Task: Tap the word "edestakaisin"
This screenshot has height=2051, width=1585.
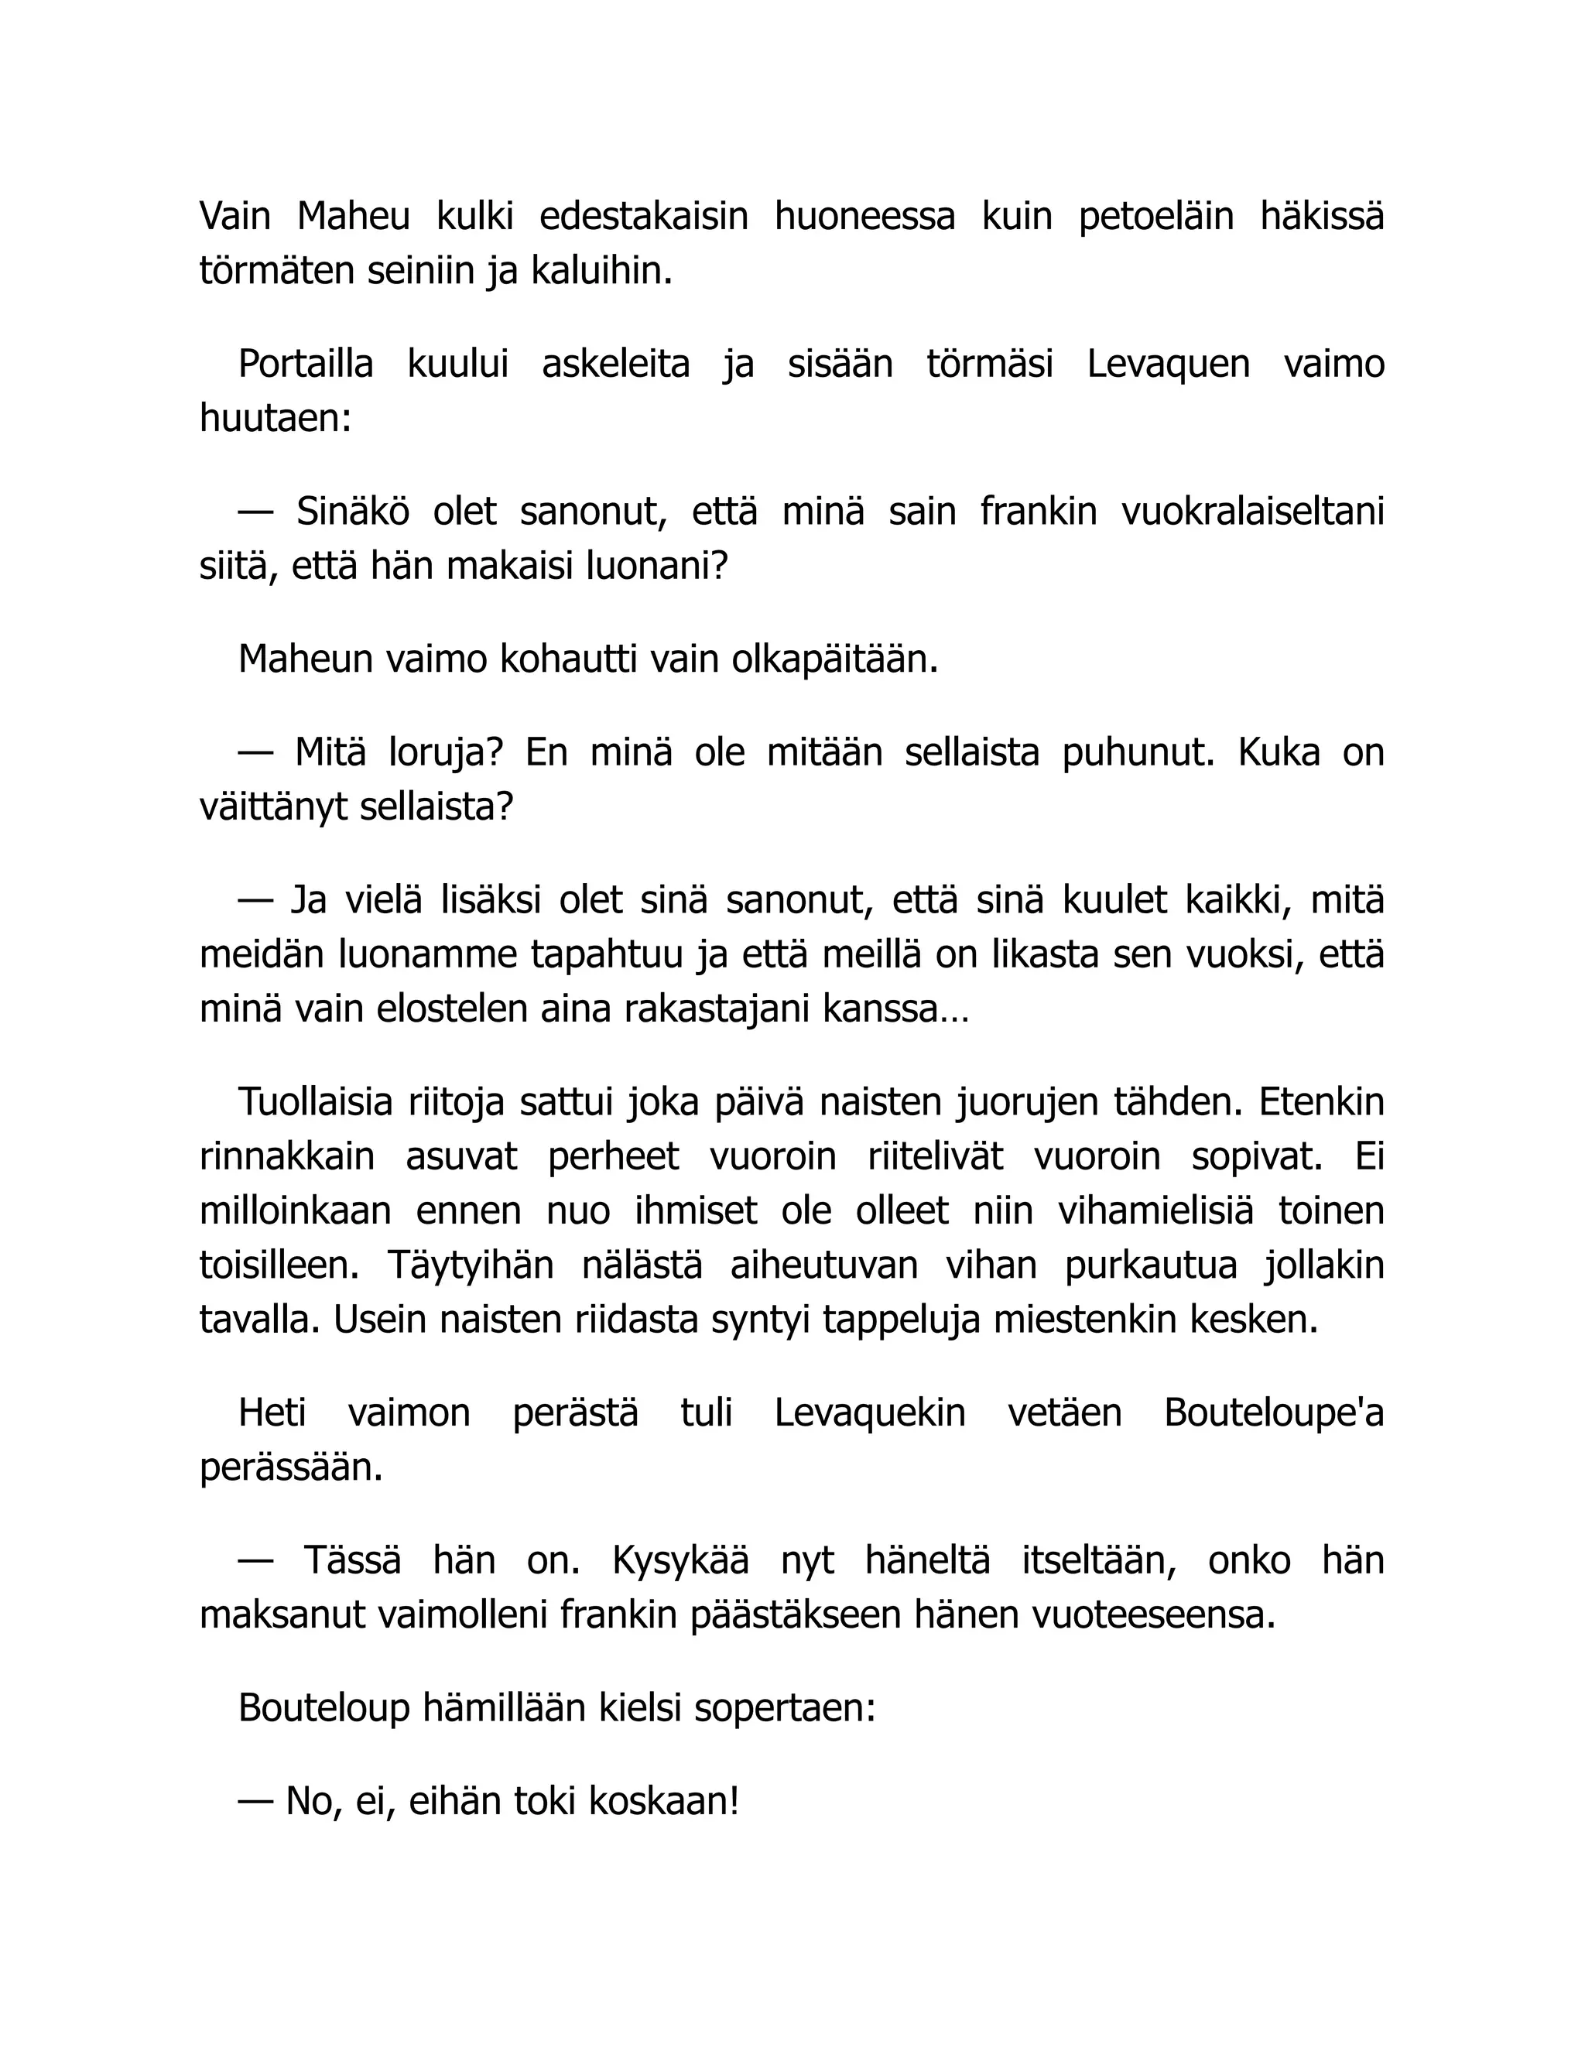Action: [x=643, y=217]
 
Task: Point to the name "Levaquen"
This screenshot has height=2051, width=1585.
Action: [x=1168, y=365]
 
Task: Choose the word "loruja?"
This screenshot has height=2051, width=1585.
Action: [x=446, y=752]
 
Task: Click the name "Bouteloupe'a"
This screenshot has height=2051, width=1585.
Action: [x=1274, y=1412]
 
